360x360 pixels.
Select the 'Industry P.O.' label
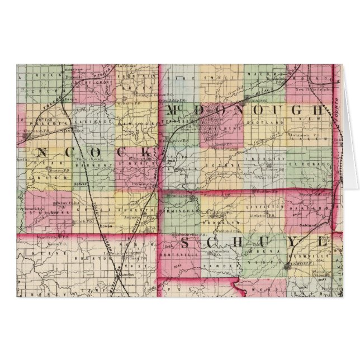tap(274, 168)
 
